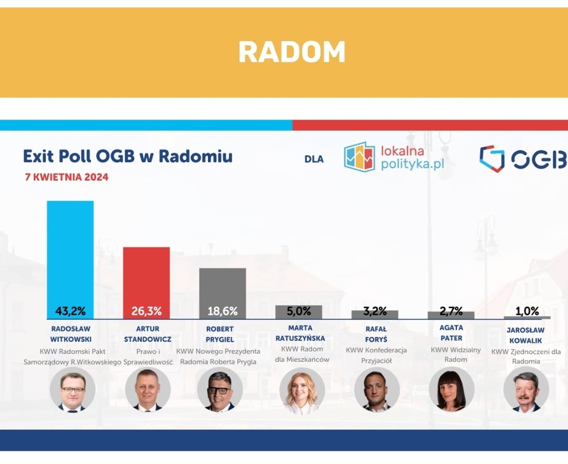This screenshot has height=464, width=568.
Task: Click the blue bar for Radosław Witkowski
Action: pos(70,260)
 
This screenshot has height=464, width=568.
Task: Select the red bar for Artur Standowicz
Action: pos(146,283)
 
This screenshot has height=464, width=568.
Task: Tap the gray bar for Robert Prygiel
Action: pos(223,294)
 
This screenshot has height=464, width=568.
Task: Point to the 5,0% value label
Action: pos(299,311)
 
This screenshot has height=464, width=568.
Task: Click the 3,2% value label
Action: pos(375,311)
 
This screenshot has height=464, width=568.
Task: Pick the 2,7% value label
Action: pos(451,311)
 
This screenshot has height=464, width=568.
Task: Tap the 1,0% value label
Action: pos(527,311)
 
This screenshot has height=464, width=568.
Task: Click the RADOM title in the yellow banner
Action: pos(292,52)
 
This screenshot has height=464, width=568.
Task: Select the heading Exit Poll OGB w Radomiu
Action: pos(128,156)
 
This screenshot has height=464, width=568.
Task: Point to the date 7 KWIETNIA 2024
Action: pos(67,177)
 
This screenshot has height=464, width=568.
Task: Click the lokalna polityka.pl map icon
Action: pos(359,156)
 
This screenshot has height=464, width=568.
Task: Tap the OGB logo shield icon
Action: pos(492,159)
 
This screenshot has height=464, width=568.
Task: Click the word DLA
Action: pos(314,159)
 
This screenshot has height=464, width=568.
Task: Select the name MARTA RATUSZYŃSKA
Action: pos(300,333)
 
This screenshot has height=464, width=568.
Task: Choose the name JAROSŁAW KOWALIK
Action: pos(525,335)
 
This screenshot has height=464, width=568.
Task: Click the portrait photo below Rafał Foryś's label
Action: pos(377,390)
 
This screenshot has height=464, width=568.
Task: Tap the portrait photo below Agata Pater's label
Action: pos(452,389)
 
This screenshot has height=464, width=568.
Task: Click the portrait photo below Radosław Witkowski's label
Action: pos(73,390)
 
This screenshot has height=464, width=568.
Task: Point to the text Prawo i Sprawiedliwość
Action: pos(148,357)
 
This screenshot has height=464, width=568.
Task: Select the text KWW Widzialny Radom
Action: pos(456,354)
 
